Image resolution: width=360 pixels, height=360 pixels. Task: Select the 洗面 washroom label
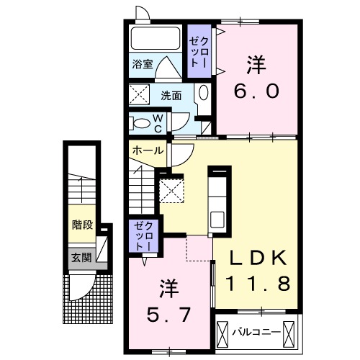tap(171, 94)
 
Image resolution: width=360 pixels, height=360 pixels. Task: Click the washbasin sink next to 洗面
tap(204, 94)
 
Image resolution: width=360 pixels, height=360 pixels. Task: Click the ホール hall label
tap(146, 151)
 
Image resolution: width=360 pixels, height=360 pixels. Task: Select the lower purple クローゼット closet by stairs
tap(140, 236)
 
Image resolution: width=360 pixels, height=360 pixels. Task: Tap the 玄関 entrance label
tap(81, 256)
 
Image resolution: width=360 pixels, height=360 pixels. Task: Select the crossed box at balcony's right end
tap(289, 332)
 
